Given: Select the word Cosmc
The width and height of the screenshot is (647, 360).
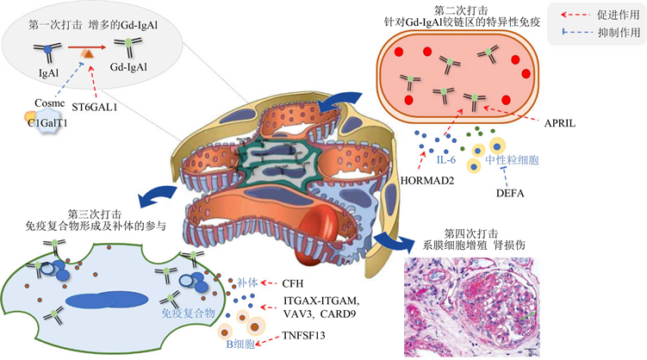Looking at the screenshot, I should (48, 104).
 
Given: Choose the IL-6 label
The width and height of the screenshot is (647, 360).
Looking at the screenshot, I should (446, 159).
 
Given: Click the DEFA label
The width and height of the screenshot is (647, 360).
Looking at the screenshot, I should (510, 194).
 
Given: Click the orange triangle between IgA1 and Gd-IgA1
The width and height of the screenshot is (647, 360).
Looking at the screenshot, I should (88, 55).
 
